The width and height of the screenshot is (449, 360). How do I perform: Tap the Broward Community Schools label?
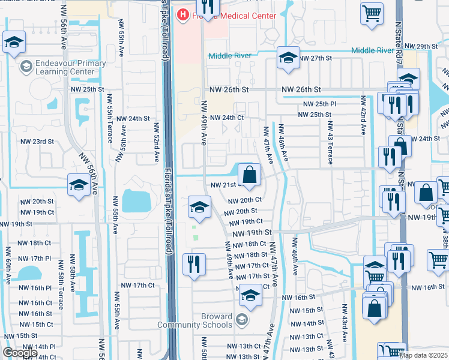(194, 320)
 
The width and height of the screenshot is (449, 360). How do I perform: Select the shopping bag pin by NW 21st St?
(249, 175)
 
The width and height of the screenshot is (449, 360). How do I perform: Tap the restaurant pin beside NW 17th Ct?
(194, 264)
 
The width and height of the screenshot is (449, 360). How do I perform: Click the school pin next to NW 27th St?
(288, 59)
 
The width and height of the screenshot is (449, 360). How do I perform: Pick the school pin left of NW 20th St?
(200, 207)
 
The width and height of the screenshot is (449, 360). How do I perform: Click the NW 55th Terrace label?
(110, 118)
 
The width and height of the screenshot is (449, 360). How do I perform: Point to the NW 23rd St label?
(37, 142)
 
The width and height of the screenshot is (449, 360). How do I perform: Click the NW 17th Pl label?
(34, 258)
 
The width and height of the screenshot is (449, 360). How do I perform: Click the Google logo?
(20, 353)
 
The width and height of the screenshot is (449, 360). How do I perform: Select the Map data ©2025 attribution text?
(424, 355)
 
